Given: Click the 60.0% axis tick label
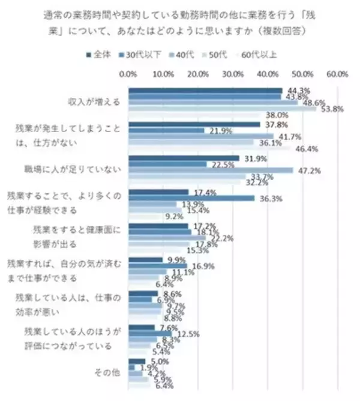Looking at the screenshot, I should (338, 75).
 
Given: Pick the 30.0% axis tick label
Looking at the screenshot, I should (233, 75).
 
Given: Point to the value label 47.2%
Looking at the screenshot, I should (310, 171).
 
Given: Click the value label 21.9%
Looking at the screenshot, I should (220, 130).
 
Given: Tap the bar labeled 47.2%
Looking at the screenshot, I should (211, 170).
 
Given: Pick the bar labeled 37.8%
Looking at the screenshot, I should (194, 125).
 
